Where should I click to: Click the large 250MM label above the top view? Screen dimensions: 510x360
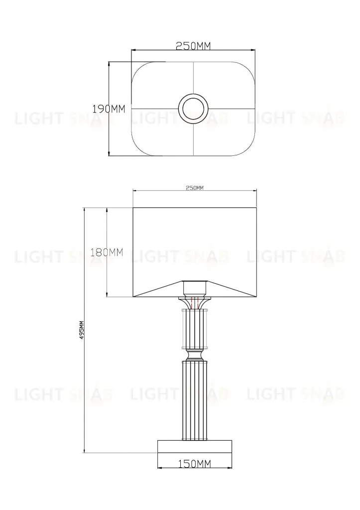click(193, 46)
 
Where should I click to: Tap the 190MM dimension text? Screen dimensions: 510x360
click(109, 108)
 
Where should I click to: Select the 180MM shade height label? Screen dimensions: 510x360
click(107, 253)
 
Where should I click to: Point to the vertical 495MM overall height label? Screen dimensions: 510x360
click(82, 330)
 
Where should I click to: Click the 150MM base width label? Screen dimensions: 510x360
click(195, 464)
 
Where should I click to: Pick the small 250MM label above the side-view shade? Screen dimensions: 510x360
click(195, 188)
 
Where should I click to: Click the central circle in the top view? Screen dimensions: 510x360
click(193, 108)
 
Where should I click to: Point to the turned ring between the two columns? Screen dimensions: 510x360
click(195, 354)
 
